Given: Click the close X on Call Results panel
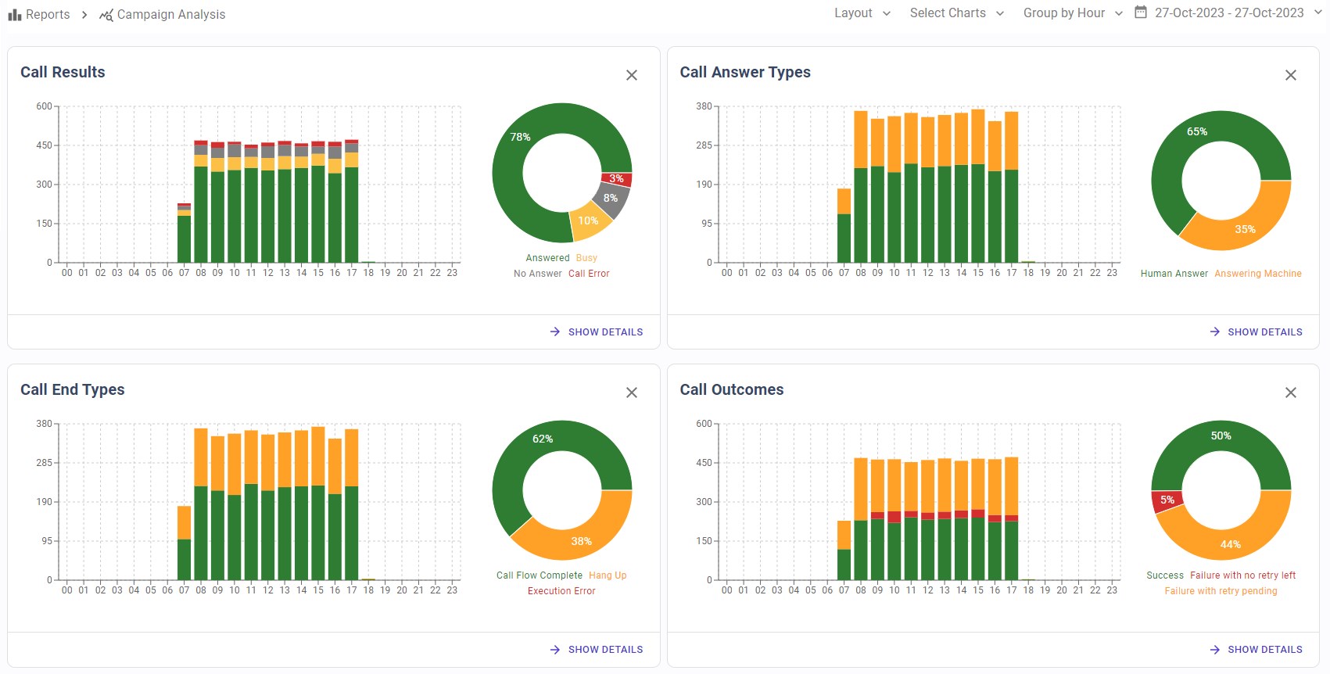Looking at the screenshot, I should point(632,75).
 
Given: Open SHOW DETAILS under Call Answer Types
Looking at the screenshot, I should point(1257,332).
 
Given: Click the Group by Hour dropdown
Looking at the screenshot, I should point(1072,13).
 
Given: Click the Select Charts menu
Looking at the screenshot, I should point(956,13).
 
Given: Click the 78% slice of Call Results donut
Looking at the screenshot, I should point(520,138).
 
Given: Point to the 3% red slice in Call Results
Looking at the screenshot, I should point(617,179).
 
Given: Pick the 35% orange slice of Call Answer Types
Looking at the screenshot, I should point(1245,228).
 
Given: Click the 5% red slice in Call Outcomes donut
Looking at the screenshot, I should point(1167,500).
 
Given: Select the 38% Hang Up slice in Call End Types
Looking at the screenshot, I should point(581,540).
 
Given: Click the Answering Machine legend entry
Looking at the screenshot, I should point(1257,274).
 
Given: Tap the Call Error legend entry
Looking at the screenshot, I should point(589,274).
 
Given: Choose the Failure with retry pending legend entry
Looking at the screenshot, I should point(1221,591).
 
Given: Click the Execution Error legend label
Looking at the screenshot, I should point(561,591).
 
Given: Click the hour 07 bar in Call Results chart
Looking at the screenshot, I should point(185,235).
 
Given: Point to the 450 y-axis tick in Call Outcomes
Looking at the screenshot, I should point(704,463).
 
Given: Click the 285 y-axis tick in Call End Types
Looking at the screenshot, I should point(44,463).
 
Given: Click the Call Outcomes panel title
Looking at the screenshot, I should point(731,389).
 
